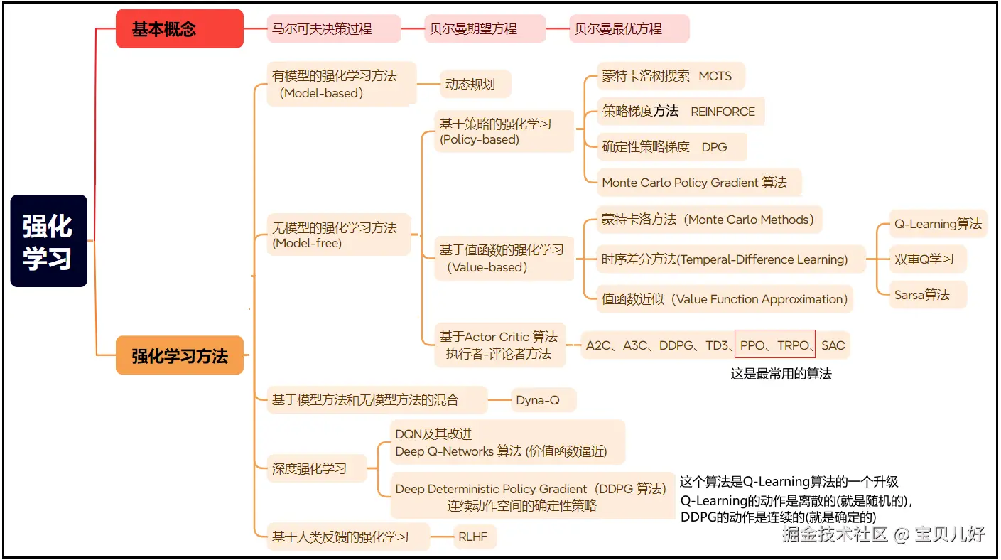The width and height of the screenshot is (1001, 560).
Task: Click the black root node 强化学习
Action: coord(48,241)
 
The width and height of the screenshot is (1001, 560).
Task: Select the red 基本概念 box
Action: coord(179,29)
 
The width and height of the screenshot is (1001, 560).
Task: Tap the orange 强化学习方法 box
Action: coord(179,355)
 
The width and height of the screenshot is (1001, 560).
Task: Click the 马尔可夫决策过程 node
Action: coord(333,29)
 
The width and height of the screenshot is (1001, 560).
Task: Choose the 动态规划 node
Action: coord(475,85)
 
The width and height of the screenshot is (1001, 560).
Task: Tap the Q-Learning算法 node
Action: coord(938,224)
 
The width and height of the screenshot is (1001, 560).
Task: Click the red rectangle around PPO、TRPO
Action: coord(774,345)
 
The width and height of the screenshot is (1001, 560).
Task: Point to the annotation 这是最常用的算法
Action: coord(781,374)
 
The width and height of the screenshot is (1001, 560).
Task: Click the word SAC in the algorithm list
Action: coord(833,346)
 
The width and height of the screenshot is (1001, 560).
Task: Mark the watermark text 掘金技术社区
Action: coord(835,534)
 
